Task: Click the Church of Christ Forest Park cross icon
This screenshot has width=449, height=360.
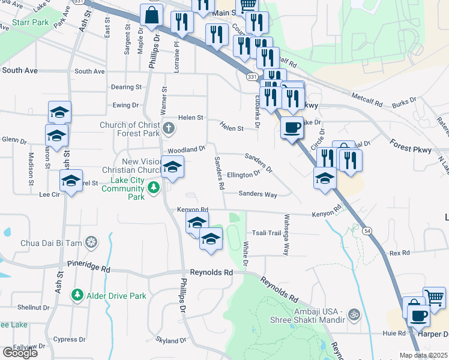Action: [x=169, y=127]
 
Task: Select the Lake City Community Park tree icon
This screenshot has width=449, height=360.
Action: [x=154, y=188]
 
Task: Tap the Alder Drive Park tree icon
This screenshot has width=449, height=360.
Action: [x=77, y=296]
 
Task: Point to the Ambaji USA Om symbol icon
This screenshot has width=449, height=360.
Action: [x=353, y=313]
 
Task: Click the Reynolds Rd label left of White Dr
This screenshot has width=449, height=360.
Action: [x=211, y=272]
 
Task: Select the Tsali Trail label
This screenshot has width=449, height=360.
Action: [x=266, y=233]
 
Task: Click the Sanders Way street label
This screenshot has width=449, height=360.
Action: [x=258, y=194]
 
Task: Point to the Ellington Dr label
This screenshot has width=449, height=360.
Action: [x=244, y=175]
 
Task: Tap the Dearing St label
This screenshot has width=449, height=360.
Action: [x=126, y=87]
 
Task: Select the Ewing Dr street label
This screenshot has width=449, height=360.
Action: [x=125, y=106]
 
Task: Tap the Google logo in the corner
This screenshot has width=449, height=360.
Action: [x=20, y=353]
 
